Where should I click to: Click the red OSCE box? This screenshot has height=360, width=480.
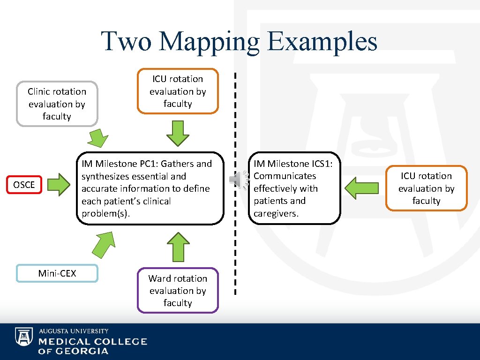point(24,185)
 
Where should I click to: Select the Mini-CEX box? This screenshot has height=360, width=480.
point(57,273)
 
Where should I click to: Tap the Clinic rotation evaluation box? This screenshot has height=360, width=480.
point(57,104)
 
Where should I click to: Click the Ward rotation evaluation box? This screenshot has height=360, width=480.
point(178,291)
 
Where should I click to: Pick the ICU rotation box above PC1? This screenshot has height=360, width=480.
point(178,91)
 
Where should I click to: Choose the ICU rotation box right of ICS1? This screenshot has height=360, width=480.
point(426,188)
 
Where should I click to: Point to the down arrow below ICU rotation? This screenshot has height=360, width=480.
point(178,134)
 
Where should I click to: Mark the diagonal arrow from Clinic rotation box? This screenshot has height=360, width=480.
point(98,138)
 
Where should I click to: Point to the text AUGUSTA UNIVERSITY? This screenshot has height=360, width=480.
point(74,331)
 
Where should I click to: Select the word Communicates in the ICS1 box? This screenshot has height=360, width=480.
point(285,176)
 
